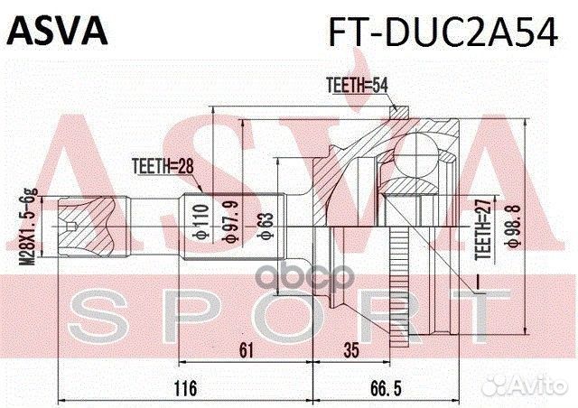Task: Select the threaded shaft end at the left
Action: (x=76, y=219)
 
